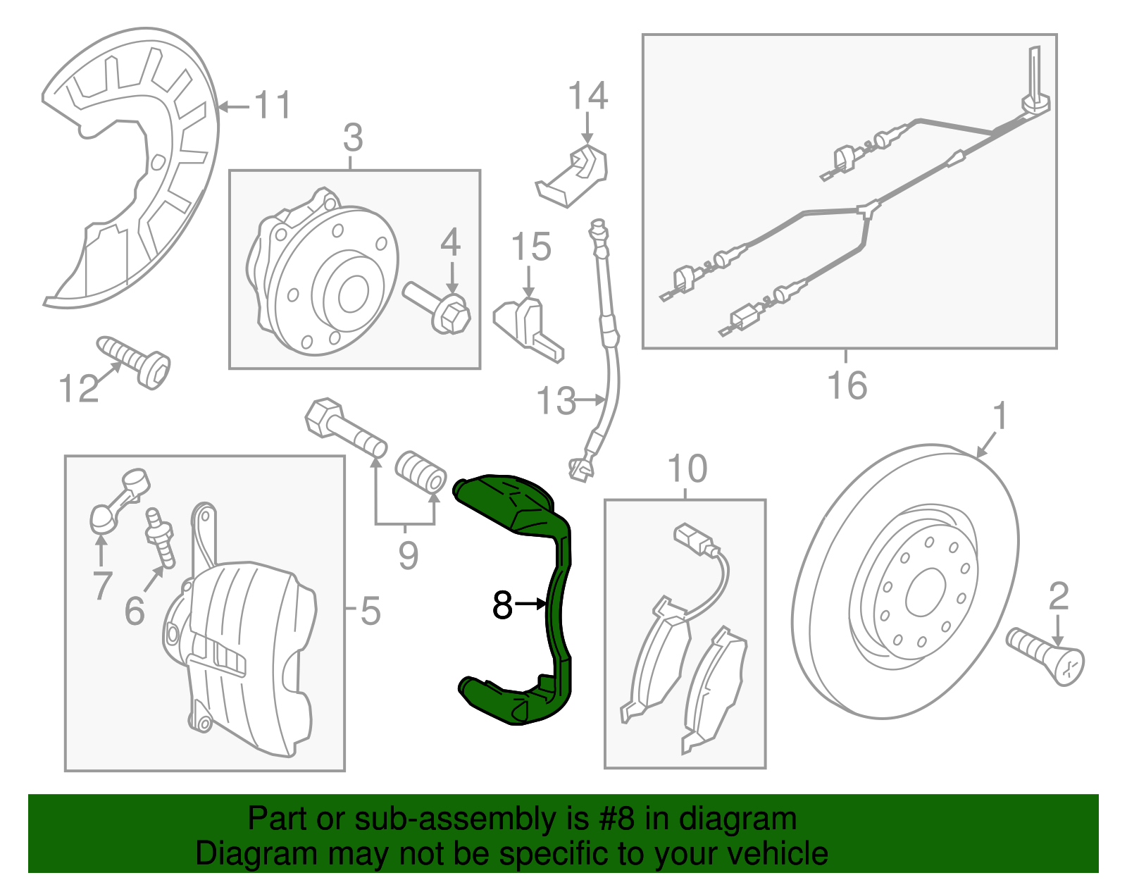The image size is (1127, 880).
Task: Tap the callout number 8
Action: (502, 605)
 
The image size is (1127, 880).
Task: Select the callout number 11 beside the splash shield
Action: (272, 106)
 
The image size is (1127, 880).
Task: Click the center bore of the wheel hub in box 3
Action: (353, 294)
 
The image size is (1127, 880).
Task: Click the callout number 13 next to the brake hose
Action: (556, 401)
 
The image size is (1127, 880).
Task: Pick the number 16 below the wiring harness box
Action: (847, 385)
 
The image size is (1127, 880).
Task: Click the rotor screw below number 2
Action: (1047, 655)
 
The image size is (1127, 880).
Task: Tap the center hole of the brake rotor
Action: (925, 592)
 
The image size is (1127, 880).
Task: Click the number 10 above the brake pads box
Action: (687, 469)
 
